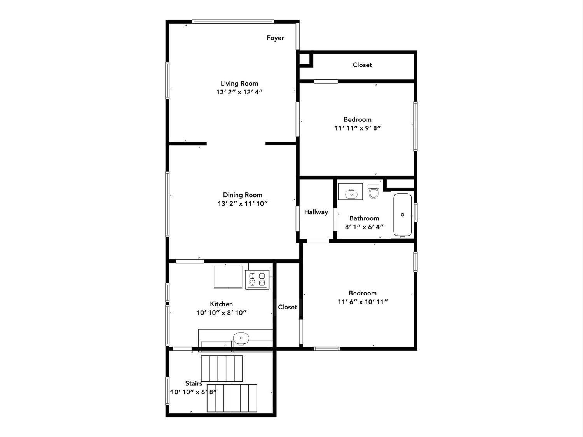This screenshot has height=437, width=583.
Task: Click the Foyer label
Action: pos(275,38)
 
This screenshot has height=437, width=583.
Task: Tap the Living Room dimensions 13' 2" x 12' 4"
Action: pos(239,92)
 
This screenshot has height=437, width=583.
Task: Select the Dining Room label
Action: pos(243,195)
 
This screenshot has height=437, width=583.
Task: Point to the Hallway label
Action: pos(316,212)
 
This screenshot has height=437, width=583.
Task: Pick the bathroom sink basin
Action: pos(351,194)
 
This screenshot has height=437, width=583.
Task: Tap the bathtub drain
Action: pos(403,215)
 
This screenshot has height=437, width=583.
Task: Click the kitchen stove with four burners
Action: pos(257,280)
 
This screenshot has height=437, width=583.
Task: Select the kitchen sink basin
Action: pos(241,338)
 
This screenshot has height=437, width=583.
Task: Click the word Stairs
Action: pos(194,383)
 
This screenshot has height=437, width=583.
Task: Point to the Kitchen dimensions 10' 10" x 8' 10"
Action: pos(222,313)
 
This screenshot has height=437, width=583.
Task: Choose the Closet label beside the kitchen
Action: pos(287,307)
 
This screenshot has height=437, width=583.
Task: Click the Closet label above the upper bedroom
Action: pos(362,65)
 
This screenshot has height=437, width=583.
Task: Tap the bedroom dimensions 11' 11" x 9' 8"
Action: pos(358,128)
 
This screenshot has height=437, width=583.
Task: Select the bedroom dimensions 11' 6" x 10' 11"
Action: pos(363,302)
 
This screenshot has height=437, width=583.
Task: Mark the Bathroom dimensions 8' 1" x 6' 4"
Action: pos(364,227)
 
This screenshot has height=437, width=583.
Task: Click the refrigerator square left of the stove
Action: pos(228,277)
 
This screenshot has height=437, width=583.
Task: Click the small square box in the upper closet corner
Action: pos(305,59)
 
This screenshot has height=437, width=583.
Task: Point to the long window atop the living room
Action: pos(233,22)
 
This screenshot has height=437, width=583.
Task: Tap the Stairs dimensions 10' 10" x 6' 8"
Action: pos(194,392)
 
